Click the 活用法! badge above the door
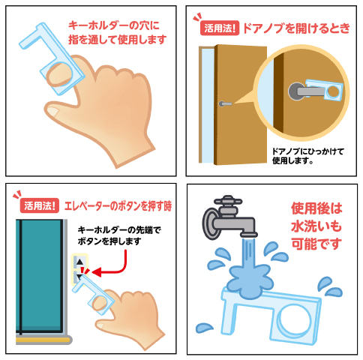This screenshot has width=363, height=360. point(220,28)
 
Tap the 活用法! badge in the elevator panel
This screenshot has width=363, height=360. point(40,205)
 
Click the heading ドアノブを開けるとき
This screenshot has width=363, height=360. point(296,28)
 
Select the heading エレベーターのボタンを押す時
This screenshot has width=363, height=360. point(118,206)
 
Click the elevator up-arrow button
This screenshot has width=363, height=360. point(79,262)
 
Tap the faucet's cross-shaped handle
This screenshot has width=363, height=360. point(228,201)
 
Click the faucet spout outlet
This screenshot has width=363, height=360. point(249,235)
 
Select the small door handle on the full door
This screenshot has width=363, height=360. point(225,103)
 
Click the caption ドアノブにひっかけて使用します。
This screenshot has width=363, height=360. point(307,156)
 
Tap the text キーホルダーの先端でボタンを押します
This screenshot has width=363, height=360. point(119,235)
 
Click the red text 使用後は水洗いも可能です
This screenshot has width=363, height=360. point(316,226)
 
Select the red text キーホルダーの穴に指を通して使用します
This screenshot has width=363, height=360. point(117,32)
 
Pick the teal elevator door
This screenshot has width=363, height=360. point(40,275)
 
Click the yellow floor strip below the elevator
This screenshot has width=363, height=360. point(42,340)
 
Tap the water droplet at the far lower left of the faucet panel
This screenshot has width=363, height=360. point(205,328)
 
